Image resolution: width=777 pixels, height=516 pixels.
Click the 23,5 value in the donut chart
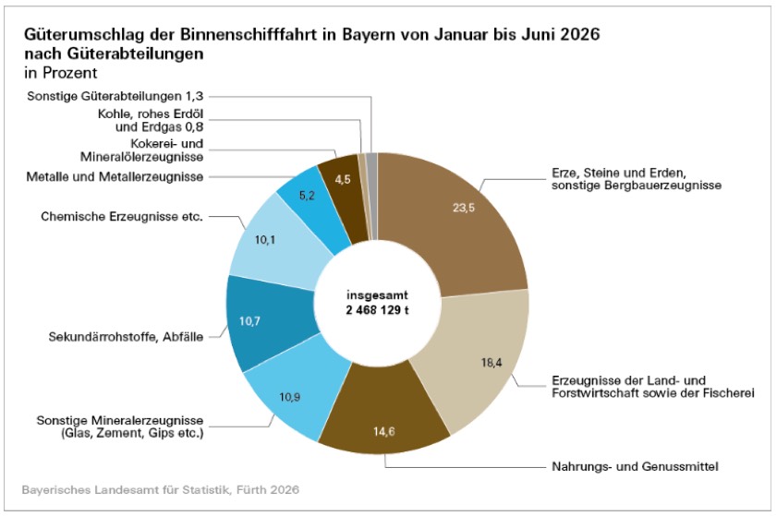[463, 208]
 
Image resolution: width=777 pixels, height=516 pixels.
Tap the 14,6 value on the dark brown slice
[384, 432]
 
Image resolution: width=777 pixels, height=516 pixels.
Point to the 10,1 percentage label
[265, 240]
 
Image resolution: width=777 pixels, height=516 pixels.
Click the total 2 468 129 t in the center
[378, 310]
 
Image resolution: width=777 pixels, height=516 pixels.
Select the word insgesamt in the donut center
[378, 295]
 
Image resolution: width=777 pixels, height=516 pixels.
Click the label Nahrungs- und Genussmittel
[635, 466]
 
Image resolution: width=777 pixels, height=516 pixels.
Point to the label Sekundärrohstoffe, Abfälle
[126, 337]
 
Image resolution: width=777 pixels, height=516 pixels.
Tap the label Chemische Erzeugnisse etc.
[122, 216]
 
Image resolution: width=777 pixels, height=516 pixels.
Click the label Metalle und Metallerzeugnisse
[115, 177]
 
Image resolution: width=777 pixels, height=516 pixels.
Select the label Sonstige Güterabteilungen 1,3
[115, 96]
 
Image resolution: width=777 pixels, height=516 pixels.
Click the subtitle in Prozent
[60, 73]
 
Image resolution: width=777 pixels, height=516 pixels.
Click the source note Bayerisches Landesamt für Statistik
[127, 490]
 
